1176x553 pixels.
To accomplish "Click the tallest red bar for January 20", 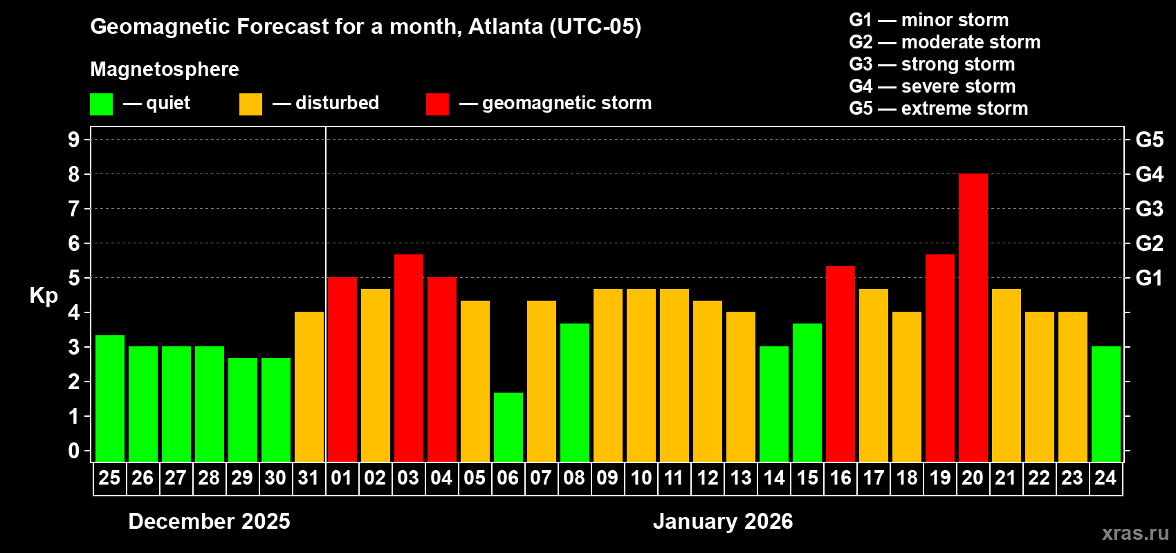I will tap(973, 317).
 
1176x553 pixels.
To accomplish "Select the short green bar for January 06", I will tap(508, 427).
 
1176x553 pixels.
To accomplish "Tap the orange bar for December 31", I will tap(309, 386).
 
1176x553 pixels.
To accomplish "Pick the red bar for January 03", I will tap(409, 357).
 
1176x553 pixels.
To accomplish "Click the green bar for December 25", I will tap(110, 398).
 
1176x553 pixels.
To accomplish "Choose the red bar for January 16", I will tap(840, 364).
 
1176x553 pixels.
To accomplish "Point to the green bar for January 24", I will tap(1105, 404).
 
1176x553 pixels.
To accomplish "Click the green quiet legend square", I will tap(101, 104).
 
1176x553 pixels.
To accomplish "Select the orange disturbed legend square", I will tap(250, 104).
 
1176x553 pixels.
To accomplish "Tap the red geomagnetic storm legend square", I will tap(437, 104).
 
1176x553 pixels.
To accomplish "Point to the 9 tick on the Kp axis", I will tap(74, 140).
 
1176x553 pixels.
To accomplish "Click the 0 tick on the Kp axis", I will tap(74, 451).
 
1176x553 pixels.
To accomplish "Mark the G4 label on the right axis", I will tap(1149, 174).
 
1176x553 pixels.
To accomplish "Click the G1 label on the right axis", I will tap(1149, 278).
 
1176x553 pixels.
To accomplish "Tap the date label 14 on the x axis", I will tap(774, 478).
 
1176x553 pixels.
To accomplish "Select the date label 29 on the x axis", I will tap(242, 478).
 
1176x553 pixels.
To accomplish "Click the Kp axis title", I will tap(44, 296).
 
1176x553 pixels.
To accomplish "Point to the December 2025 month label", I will tap(209, 521).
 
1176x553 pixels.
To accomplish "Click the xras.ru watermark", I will tap(1134, 533).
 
